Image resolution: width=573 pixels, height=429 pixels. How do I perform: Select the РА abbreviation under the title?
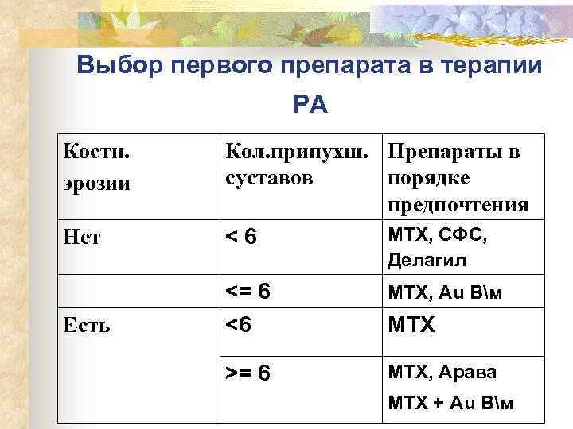(310, 103)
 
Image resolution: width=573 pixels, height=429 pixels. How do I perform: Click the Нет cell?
(83, 237)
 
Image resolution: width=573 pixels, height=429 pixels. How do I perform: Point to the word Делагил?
(427, 260)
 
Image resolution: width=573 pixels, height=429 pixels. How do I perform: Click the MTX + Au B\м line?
(450, 403)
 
